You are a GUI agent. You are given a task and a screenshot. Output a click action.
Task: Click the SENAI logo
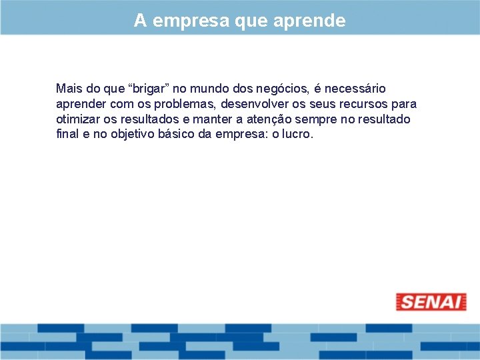[431, 302]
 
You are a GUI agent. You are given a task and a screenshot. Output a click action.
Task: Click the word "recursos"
[365, 104]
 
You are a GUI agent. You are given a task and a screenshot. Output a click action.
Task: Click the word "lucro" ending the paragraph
[297, 134]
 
